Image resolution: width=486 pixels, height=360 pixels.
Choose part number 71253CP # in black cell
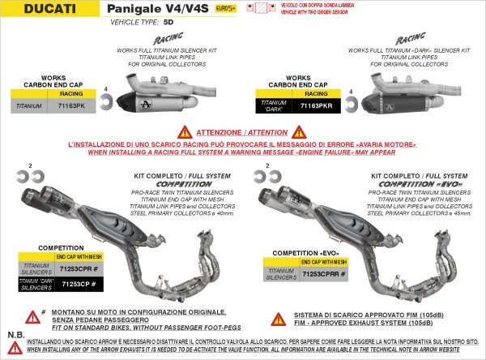(79, 284)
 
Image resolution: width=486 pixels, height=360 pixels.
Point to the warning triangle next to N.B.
(15, 347)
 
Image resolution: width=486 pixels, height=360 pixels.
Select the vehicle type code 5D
(168, 24)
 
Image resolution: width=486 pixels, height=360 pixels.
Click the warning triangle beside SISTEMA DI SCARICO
(277, 319)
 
